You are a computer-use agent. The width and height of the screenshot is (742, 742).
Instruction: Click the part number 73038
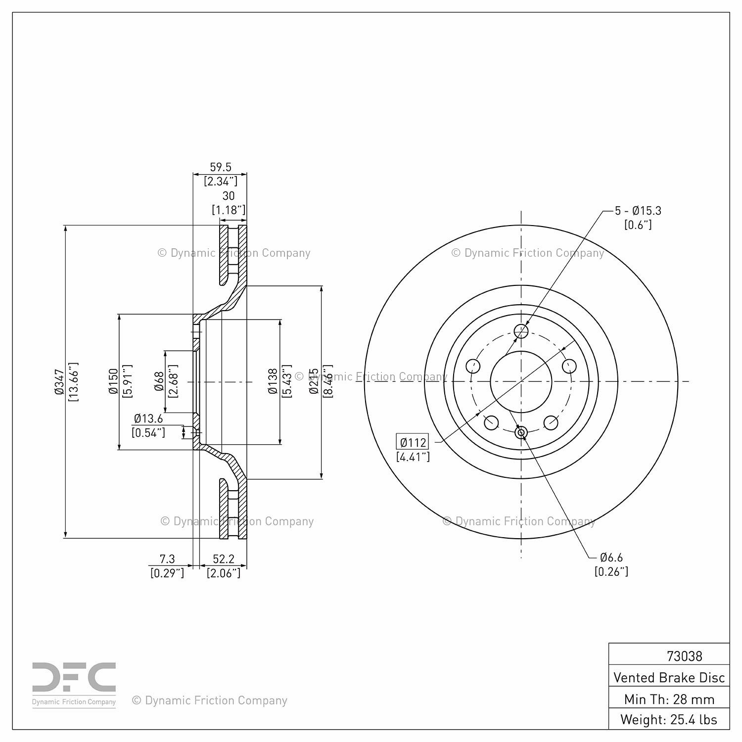coord(684,656)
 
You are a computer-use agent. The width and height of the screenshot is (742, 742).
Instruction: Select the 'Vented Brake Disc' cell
coord(669,677)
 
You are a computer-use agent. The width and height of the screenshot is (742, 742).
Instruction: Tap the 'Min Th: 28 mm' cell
coord(669,699)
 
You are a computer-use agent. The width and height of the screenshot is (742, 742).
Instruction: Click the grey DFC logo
coord(74,685)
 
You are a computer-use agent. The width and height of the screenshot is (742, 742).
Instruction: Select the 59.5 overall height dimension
coord(221,167)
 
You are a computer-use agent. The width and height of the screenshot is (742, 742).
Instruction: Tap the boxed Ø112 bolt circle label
coord(413,442)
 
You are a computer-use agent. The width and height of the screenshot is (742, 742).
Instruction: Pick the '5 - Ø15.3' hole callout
coord(638,211)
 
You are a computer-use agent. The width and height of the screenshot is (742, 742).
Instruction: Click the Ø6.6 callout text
coord(611,557)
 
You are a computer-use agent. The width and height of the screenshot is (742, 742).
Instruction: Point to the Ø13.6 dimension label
coord(148,418)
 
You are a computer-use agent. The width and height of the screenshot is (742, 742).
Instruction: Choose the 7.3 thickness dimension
coord(167,559)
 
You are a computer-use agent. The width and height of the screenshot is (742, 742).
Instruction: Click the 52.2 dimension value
coord(223,559)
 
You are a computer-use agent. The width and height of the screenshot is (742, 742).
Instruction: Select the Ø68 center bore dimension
coord(159,381)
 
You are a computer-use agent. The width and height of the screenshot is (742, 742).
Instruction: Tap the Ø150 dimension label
coord(114,381)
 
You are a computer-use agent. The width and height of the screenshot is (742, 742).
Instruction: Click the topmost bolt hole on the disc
coord(521,331)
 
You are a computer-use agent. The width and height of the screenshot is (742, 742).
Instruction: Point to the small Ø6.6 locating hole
coord(521,433)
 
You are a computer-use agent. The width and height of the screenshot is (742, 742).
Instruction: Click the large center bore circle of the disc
coord(521,381)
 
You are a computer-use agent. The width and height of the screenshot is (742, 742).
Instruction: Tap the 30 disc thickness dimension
coord(228,196)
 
